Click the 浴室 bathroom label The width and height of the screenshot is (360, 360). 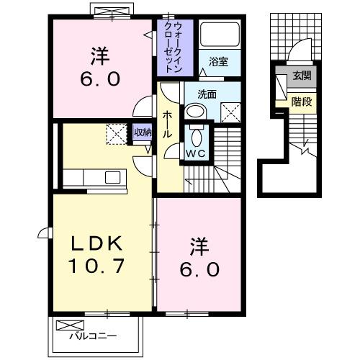219,62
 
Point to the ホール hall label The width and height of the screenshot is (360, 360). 166,124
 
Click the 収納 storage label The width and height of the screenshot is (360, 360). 143,132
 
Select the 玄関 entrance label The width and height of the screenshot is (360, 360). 302,76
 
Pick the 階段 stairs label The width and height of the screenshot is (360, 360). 302,102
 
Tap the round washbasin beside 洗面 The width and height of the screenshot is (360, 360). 194,112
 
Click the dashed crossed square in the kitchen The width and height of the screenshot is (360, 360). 116,134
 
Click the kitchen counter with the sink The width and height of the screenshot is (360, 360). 94,177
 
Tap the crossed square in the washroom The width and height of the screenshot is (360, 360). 230,112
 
